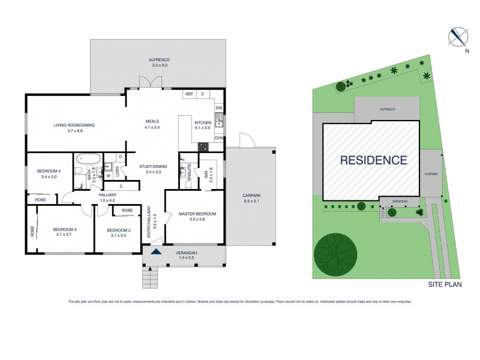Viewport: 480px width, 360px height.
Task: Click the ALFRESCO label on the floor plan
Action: (159, 59)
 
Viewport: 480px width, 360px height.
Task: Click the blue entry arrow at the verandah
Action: (156, 251)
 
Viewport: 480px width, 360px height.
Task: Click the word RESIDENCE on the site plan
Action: (374, 160)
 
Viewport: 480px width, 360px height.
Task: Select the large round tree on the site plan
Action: (337, 253)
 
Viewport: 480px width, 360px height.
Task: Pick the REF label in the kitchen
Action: (188, 94)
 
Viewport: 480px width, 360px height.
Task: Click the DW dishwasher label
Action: (219, 108)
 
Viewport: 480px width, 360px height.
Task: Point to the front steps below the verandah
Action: (149, 277)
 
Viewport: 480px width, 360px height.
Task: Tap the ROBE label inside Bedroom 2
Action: (127, 211)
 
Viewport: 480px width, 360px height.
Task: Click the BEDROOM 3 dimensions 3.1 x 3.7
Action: (65, 235)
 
